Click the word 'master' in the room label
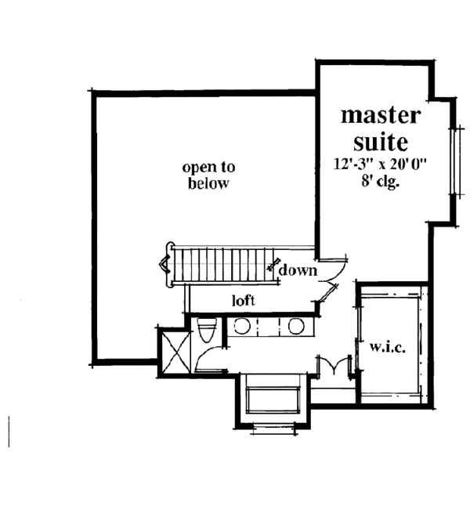coord(380,116)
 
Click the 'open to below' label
coord(208,175)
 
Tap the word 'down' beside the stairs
coord(297,271)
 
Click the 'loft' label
coord(244,299)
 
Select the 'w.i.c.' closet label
coord(388,347)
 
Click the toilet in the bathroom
coord(207,331)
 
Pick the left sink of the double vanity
coord(243,327)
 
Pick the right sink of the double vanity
coord(295,327)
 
